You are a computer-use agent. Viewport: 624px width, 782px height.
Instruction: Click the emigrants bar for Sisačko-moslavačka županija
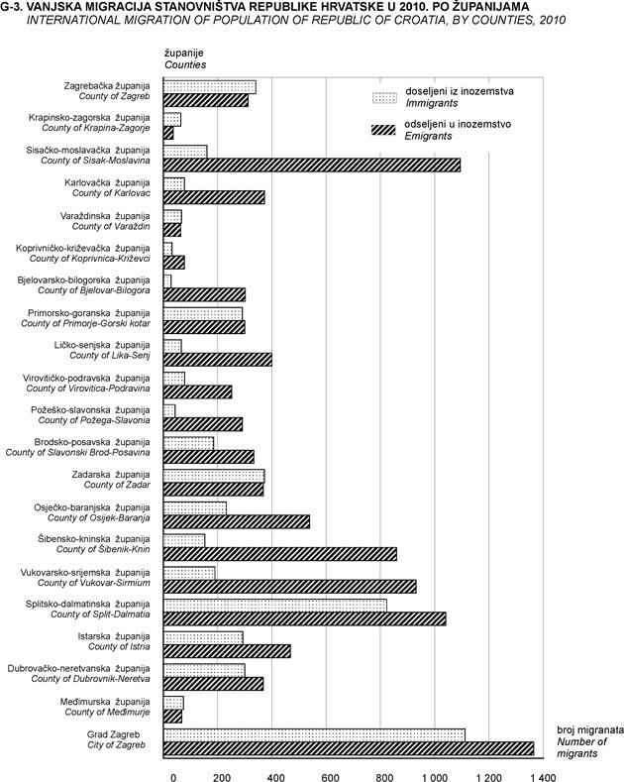click(311, 165)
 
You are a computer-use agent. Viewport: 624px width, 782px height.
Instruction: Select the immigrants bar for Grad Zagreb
click(314, 734)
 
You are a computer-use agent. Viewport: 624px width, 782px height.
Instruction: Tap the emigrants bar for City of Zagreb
click(348, 748)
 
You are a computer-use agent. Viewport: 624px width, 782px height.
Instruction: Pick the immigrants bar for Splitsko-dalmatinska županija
click(274, 605)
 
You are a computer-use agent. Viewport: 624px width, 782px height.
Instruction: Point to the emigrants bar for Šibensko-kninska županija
click(279, 554)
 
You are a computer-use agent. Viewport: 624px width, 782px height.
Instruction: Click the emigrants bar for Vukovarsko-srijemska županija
click(289, 586)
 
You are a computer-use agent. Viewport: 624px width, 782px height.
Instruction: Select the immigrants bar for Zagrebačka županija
click(209, 86)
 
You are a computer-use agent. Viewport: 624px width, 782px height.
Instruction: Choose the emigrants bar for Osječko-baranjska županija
click(236, 521)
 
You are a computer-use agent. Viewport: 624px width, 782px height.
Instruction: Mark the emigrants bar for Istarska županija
click(226, 651)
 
